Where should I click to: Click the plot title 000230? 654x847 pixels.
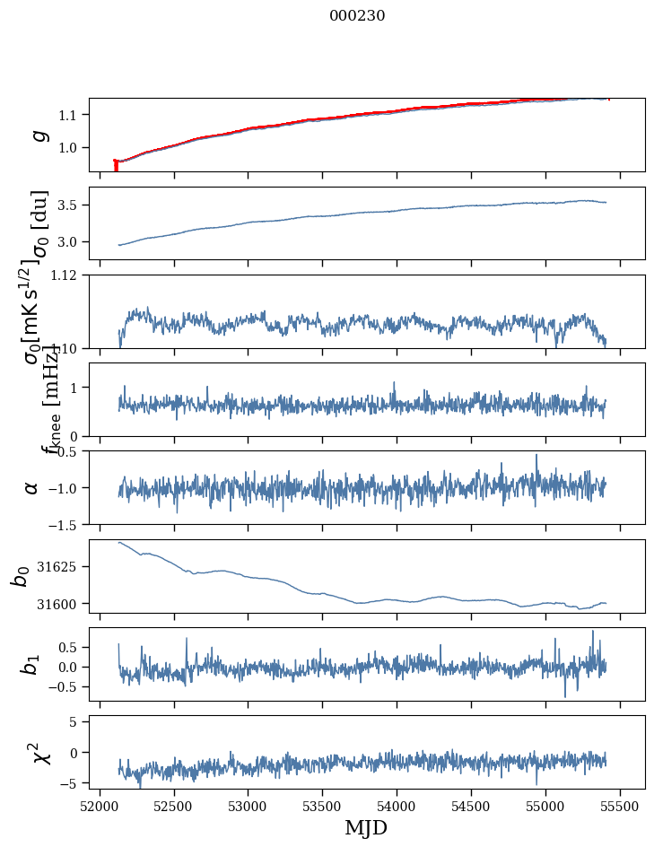click(x=357, y=16)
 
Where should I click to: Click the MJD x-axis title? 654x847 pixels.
click(x=366, y=827)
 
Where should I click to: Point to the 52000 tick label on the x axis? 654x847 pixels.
click(x=100, y=807)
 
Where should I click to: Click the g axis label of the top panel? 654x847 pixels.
click(x=39, y=135)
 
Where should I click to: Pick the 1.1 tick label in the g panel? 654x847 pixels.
click(x=70, y=115)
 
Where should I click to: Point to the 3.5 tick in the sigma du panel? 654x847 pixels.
click(x=70, y=205)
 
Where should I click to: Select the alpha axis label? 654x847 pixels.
click(x=32, y=487)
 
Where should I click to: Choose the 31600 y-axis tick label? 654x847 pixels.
click(x=64, y=604)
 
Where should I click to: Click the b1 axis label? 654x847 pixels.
click(x=32, y=664)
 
